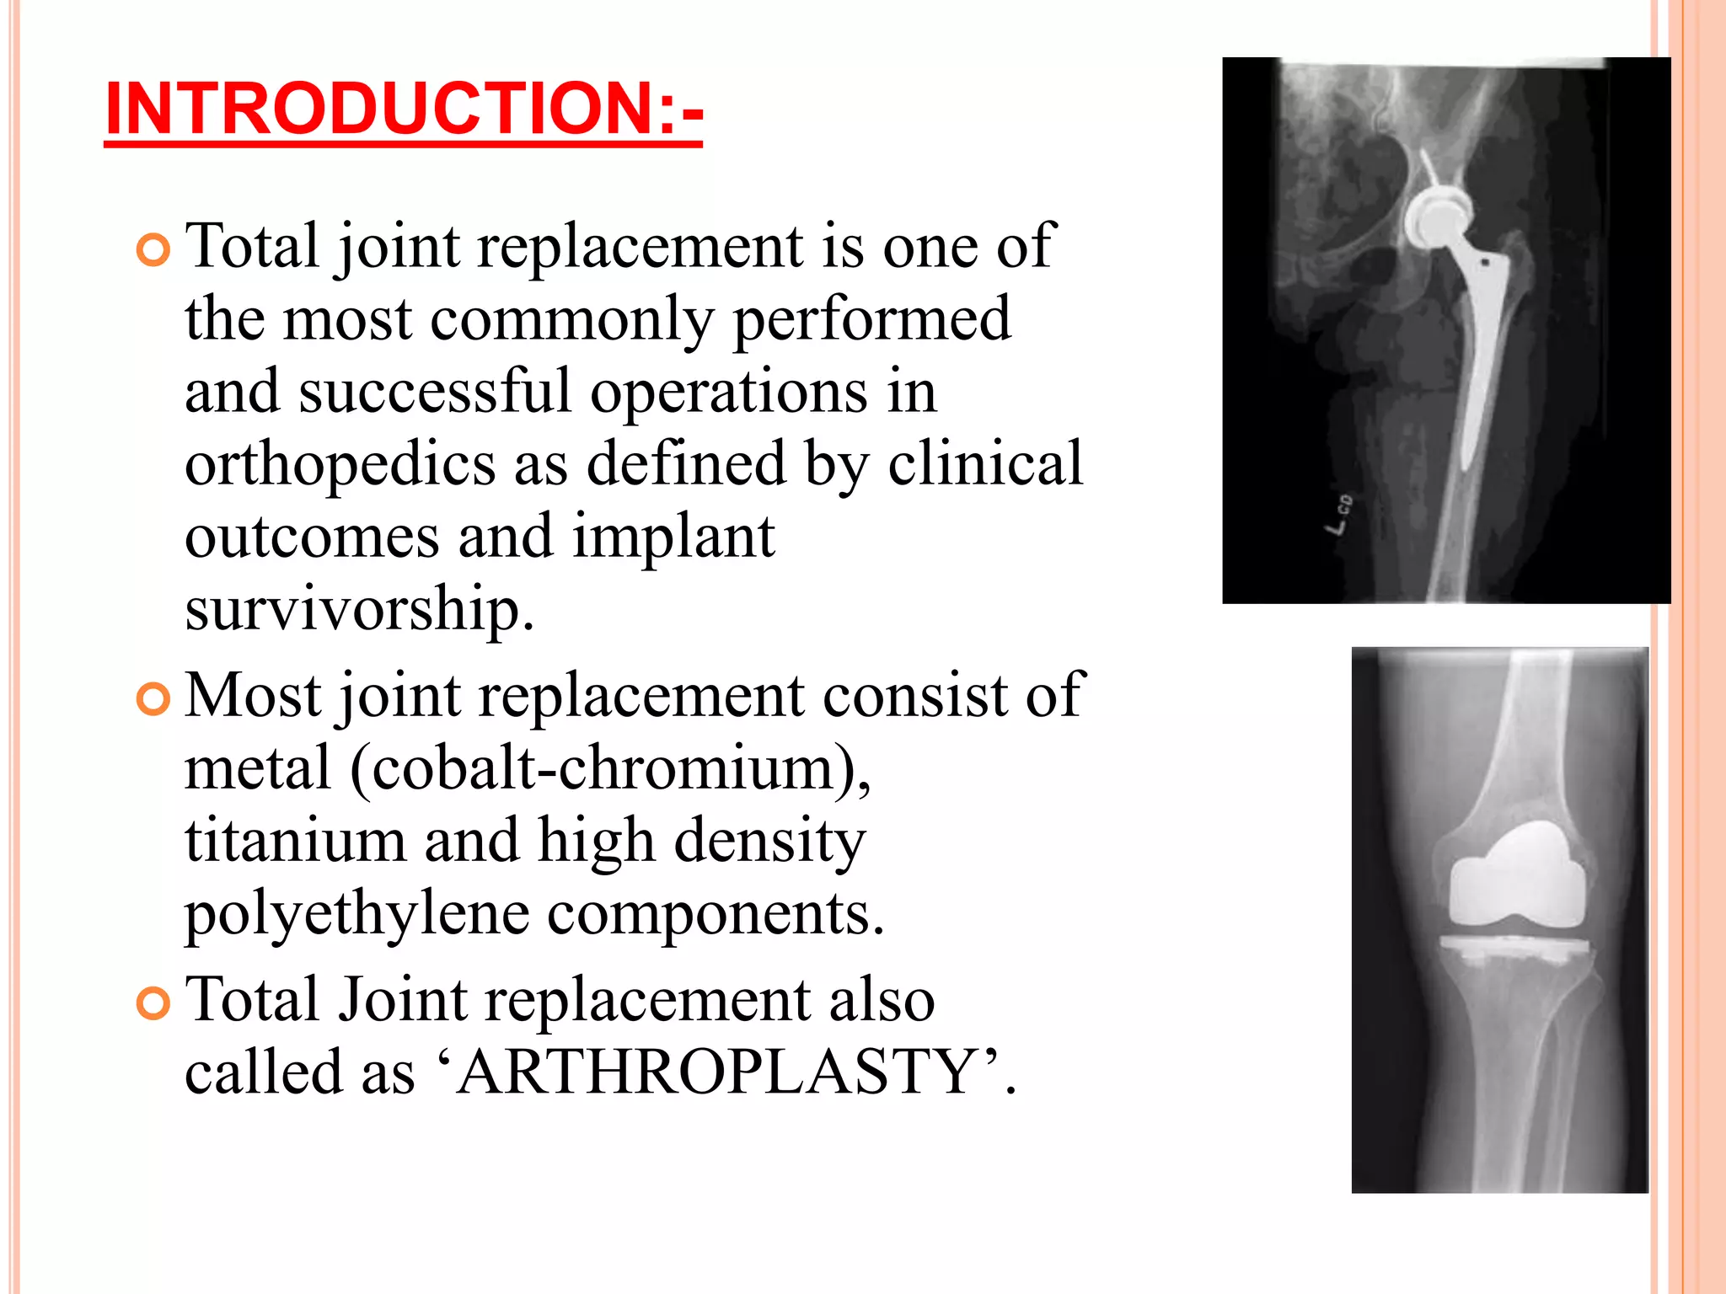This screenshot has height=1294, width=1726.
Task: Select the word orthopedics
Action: tap(340, 464)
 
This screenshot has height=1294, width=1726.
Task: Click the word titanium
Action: tap(295, 841)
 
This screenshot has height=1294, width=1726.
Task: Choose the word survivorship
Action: tap(359, 608)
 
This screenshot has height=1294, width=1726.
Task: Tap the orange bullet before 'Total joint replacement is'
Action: tap(153, 250)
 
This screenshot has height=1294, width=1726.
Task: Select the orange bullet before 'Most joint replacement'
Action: tap(153, 699)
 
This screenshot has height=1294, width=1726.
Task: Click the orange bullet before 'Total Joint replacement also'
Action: tap(153, 1003)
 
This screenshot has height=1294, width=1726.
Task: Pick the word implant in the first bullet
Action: tap(673, 537)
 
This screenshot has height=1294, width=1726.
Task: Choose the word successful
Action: tap(435, 392)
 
